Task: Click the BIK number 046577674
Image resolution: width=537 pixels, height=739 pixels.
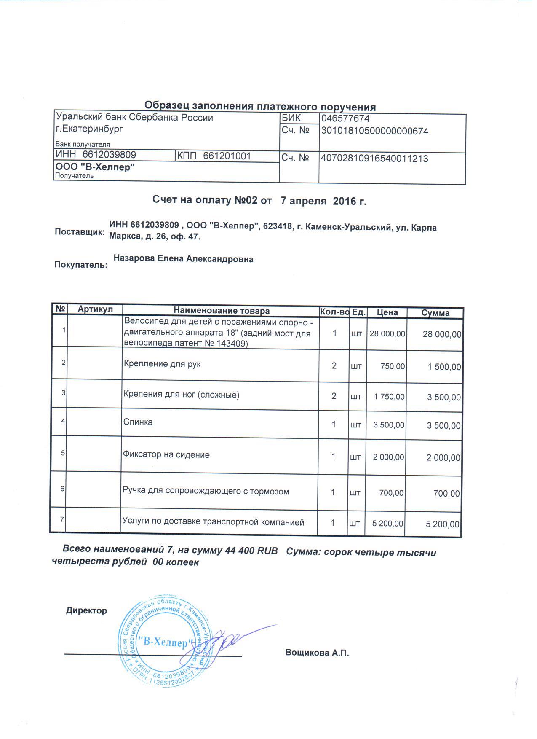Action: pos(345,119)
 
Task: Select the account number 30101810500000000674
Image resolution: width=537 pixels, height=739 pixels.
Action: pos(374,131)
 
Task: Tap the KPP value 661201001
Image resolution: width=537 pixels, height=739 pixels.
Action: pos(227,156)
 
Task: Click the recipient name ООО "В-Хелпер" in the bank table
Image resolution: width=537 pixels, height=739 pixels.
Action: pos(96,167)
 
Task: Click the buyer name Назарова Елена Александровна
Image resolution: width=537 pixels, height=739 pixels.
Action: pos(184,259)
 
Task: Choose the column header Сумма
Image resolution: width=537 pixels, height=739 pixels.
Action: pos(435,313)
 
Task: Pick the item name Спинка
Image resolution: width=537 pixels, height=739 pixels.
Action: pos(138,422)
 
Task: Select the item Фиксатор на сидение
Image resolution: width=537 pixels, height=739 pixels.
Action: pos(166,455)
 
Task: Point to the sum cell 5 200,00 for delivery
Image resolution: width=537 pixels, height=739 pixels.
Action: pos(443,524)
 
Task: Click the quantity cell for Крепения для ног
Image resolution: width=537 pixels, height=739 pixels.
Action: pos(334,396)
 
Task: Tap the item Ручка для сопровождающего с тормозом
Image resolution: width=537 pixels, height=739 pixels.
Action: pos(206,491)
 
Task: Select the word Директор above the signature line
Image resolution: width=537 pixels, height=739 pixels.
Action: pos(86,610)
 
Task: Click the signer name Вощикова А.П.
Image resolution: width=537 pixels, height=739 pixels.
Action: pos(317,653)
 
